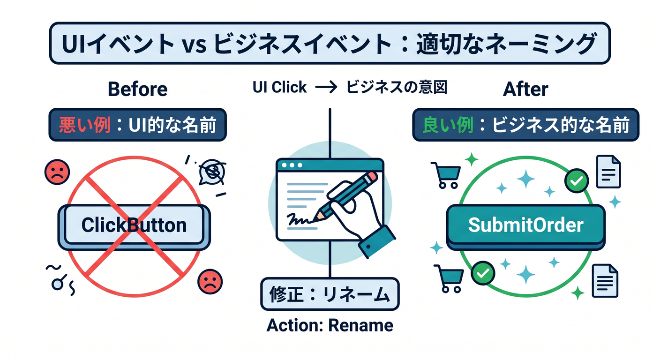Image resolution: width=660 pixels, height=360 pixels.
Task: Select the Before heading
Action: click(x=138, y=89)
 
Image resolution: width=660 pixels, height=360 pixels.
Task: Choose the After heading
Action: click(x=525, y=89)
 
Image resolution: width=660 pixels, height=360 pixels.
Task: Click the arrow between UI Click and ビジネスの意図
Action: click(x=326, y=87)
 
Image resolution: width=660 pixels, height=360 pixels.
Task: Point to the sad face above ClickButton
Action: click(x=57, y=172)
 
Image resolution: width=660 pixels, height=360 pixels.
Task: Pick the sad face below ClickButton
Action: click(x=210, y=282)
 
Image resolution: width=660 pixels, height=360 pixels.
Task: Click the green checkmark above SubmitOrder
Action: click(x=577, y=180)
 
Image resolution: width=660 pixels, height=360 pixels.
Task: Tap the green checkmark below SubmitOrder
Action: click(x=483, y=273)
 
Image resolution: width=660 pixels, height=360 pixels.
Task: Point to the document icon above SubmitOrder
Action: click(x=608, y=172)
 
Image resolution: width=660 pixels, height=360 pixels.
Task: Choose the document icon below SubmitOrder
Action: click(x=605, y=281)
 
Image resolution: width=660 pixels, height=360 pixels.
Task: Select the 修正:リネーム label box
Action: click(x=330, y=294)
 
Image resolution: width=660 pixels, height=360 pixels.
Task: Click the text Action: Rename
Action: click(x=330, y=325)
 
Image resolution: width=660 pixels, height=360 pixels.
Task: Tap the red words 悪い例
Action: click(x=85, y=125)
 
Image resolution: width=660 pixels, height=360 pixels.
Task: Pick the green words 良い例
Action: click(x=449, y=125)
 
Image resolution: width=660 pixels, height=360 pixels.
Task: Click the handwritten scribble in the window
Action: click(x=299, y=220)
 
